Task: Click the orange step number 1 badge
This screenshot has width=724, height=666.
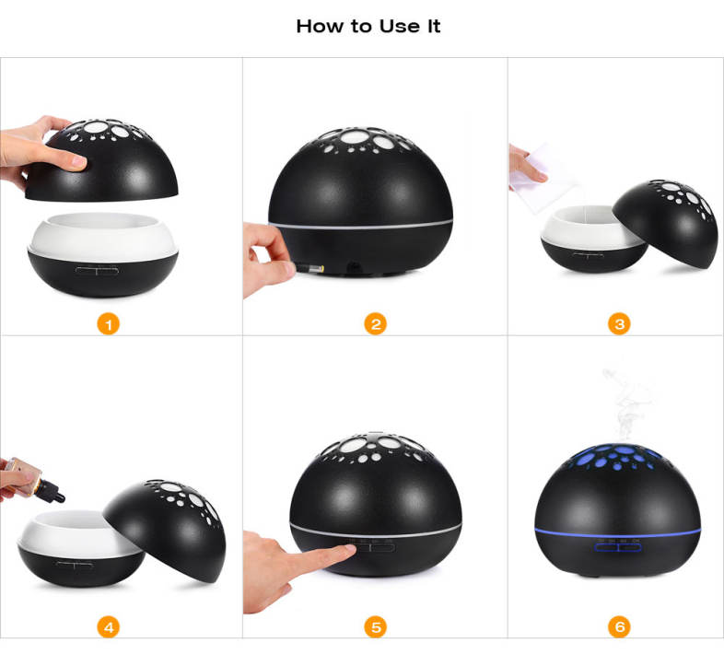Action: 109,323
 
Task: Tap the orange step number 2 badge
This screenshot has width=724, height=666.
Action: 376,323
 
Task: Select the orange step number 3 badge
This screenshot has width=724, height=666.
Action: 619,323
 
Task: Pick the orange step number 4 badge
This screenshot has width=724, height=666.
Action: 109,626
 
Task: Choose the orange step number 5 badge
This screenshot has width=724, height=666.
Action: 376,626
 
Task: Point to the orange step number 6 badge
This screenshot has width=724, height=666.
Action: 619,626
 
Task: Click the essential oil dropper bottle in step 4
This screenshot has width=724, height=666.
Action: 32,481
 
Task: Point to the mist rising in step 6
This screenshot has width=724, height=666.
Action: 626,403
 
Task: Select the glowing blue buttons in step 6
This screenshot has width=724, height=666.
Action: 618,548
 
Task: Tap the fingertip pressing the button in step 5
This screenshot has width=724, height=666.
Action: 348,550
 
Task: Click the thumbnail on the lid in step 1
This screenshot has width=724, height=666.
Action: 78,161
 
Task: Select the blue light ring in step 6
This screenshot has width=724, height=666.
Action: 618,532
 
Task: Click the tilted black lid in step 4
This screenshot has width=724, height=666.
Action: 165,530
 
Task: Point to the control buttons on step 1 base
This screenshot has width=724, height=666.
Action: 98,270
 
